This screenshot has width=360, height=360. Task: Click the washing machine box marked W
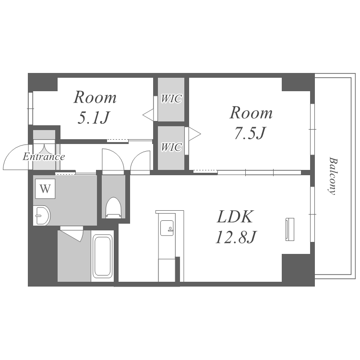coord(45,189)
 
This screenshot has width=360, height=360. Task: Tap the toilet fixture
coord(113,207)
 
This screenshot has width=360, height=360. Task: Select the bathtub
coord(102,256)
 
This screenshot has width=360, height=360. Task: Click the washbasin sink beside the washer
coord(41,216)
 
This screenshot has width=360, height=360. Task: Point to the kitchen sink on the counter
coord(167,228)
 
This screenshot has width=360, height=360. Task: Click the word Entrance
coord(44,157)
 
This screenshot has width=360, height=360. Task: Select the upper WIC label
coord(171,99)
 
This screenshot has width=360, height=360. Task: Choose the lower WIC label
coord(171,147)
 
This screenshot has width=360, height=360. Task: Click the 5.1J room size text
coord(94,118)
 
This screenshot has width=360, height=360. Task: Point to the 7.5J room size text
coord(250,133)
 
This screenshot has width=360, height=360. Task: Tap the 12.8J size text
coord(236,237)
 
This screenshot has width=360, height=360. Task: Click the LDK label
coord(235,217)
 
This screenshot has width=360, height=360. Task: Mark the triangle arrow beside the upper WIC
coord(148,115)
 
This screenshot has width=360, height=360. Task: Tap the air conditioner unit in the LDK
coord(290,229)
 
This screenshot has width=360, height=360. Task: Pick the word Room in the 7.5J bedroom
coord(251,113)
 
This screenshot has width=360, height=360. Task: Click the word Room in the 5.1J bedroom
coord(95,97)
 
